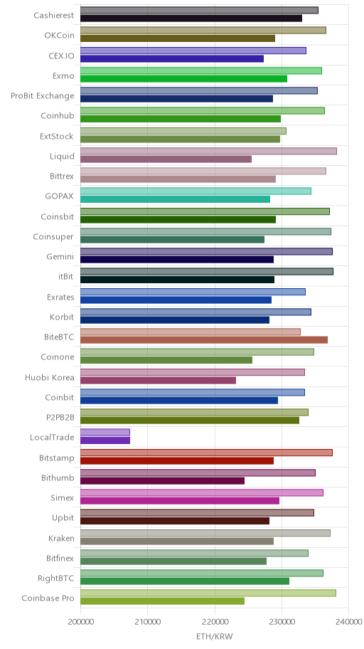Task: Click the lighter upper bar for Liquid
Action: tap(208, 151)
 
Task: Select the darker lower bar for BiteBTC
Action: tap(204, 340)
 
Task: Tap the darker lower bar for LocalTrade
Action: tap(105, 440)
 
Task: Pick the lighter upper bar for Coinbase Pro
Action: tap(208, 593)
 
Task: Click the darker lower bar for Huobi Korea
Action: tap(158, 380)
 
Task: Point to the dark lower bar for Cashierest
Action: tap(191, 19)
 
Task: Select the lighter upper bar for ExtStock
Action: tap(183, 131)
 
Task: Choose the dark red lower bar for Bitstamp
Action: tap(177, 460)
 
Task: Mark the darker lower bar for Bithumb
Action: tap(162, 480)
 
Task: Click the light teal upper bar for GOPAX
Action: tap(196, 191)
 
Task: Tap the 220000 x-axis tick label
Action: tap(215, 622)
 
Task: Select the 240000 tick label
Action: tap(348, 622)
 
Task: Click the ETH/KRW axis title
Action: tap(215, 636)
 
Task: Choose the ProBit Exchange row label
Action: tap(43, 96)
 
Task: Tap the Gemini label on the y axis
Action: tap(60, 257)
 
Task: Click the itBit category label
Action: tap(66, 277)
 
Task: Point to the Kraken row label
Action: tap(61, 539)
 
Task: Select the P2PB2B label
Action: tap(60, 417)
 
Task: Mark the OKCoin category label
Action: tap(60, 35)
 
